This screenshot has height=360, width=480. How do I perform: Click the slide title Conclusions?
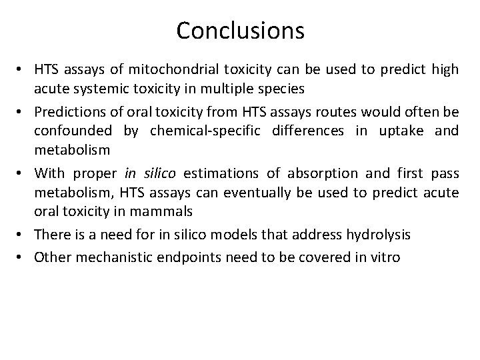[x=240, y=30]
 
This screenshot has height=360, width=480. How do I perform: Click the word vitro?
[x=386, y=257]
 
